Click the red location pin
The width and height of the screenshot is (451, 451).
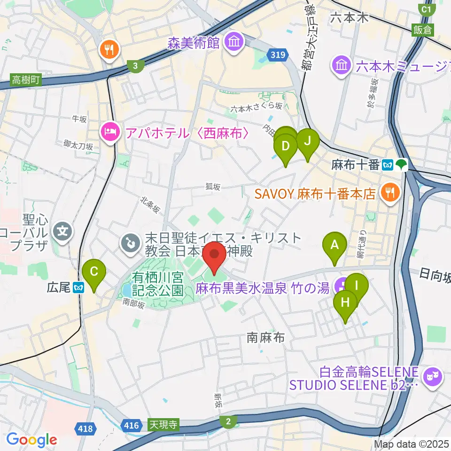(215, 257)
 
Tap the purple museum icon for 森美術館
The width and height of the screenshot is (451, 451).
(233, 43)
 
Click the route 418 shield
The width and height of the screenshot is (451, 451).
(86, 428)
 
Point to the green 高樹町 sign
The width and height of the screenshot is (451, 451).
(26, 80)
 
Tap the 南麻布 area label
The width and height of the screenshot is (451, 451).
(266, 337)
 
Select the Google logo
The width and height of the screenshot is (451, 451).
(32, 439)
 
